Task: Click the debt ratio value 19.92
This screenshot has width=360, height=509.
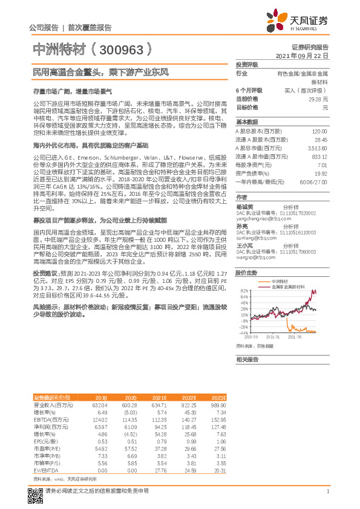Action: coord(321,173)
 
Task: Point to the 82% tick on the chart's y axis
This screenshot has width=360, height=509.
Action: coord(244,291)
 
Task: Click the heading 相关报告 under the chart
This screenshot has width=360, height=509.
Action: coord(248,359)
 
